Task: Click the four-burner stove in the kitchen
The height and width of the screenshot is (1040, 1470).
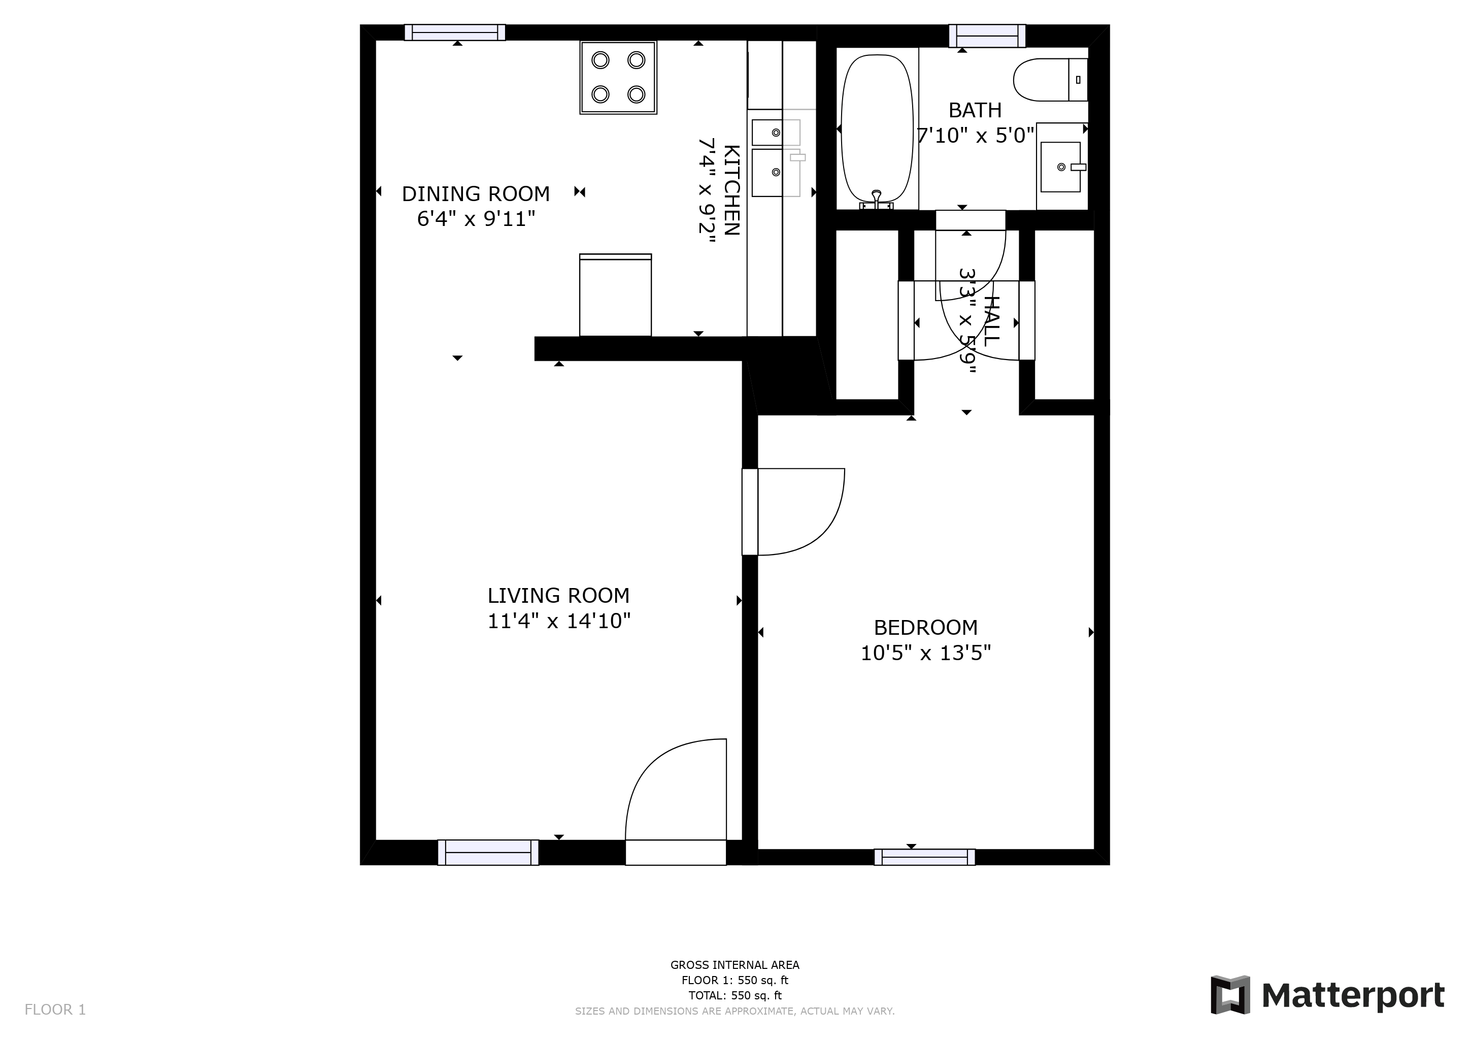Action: point(618,78)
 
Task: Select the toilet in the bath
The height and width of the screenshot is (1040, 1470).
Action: point(1050,79)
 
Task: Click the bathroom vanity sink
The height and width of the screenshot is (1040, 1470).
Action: point(1061,167)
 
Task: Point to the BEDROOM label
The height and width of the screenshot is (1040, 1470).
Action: point(925,627)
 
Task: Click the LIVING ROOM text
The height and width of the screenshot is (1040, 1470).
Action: point(558,596)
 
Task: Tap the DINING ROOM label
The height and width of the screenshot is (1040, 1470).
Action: point(476,193)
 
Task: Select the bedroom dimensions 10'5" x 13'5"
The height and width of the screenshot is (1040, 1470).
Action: point(925,653)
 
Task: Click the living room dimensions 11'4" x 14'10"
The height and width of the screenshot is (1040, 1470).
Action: point(559,621)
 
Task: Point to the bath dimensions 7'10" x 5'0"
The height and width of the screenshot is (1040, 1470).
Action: point(975,136)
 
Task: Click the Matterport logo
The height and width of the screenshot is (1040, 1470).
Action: point(1326,995)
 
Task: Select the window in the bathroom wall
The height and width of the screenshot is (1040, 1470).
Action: point(987,36)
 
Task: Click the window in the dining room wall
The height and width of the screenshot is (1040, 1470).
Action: point(455,32)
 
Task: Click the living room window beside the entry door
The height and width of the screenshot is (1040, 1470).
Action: point(488,853)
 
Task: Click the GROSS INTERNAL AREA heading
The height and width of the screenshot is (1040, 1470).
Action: point(734,965)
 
